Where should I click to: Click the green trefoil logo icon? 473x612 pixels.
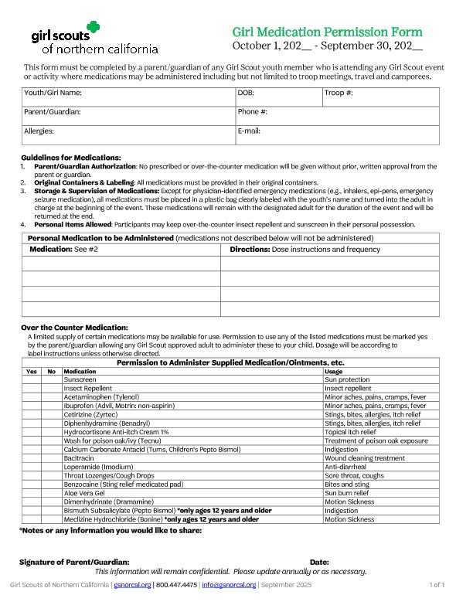(94, 29)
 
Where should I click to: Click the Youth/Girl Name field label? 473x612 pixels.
(53, 93)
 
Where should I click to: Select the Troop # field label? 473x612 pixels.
(339, 93)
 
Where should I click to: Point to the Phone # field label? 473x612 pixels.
(253, 112)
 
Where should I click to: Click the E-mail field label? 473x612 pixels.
(249, 131)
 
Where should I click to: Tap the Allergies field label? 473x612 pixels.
(39, 131)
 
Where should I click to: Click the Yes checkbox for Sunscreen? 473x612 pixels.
(31, 380)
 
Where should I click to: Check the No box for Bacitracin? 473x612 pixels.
(52, 458)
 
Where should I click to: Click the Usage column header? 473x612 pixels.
(334, 372)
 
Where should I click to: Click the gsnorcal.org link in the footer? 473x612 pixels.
(131, 586)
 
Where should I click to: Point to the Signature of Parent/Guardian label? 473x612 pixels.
(74, 562)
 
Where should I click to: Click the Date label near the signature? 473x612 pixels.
(319, 562)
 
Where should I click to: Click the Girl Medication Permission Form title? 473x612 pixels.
(328, 32)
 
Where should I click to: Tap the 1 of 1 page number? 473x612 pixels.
(437, 586)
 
